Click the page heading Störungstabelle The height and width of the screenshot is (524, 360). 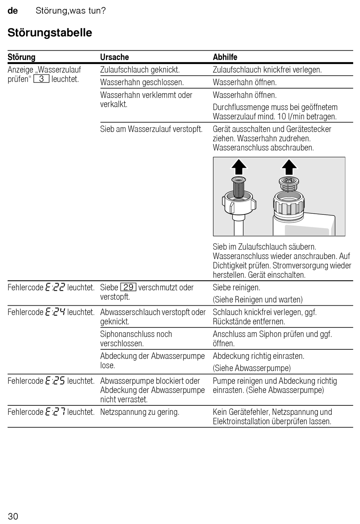[50, 33]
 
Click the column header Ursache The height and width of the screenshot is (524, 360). [114, 57]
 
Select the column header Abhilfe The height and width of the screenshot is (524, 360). [225, 57]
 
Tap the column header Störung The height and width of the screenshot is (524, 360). [22, 57]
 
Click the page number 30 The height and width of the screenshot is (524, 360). [13, 516]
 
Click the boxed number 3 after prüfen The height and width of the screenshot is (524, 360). [41, 79]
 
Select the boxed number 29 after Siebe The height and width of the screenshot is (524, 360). [128, 288]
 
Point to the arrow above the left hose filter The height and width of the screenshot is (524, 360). [239, 166]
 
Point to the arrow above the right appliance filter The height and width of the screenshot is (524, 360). [289, 166]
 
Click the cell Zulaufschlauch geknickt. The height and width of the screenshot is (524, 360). [140, 70]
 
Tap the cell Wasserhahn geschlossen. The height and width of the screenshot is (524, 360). [142, 82]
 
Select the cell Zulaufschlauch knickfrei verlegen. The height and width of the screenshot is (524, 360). [267, 70]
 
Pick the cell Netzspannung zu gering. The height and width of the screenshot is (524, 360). [139, 412]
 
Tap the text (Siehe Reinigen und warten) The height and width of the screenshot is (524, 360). [258, 300]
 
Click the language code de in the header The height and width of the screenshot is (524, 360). [13, 11]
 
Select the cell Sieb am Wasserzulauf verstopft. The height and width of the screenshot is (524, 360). [151, 129]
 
